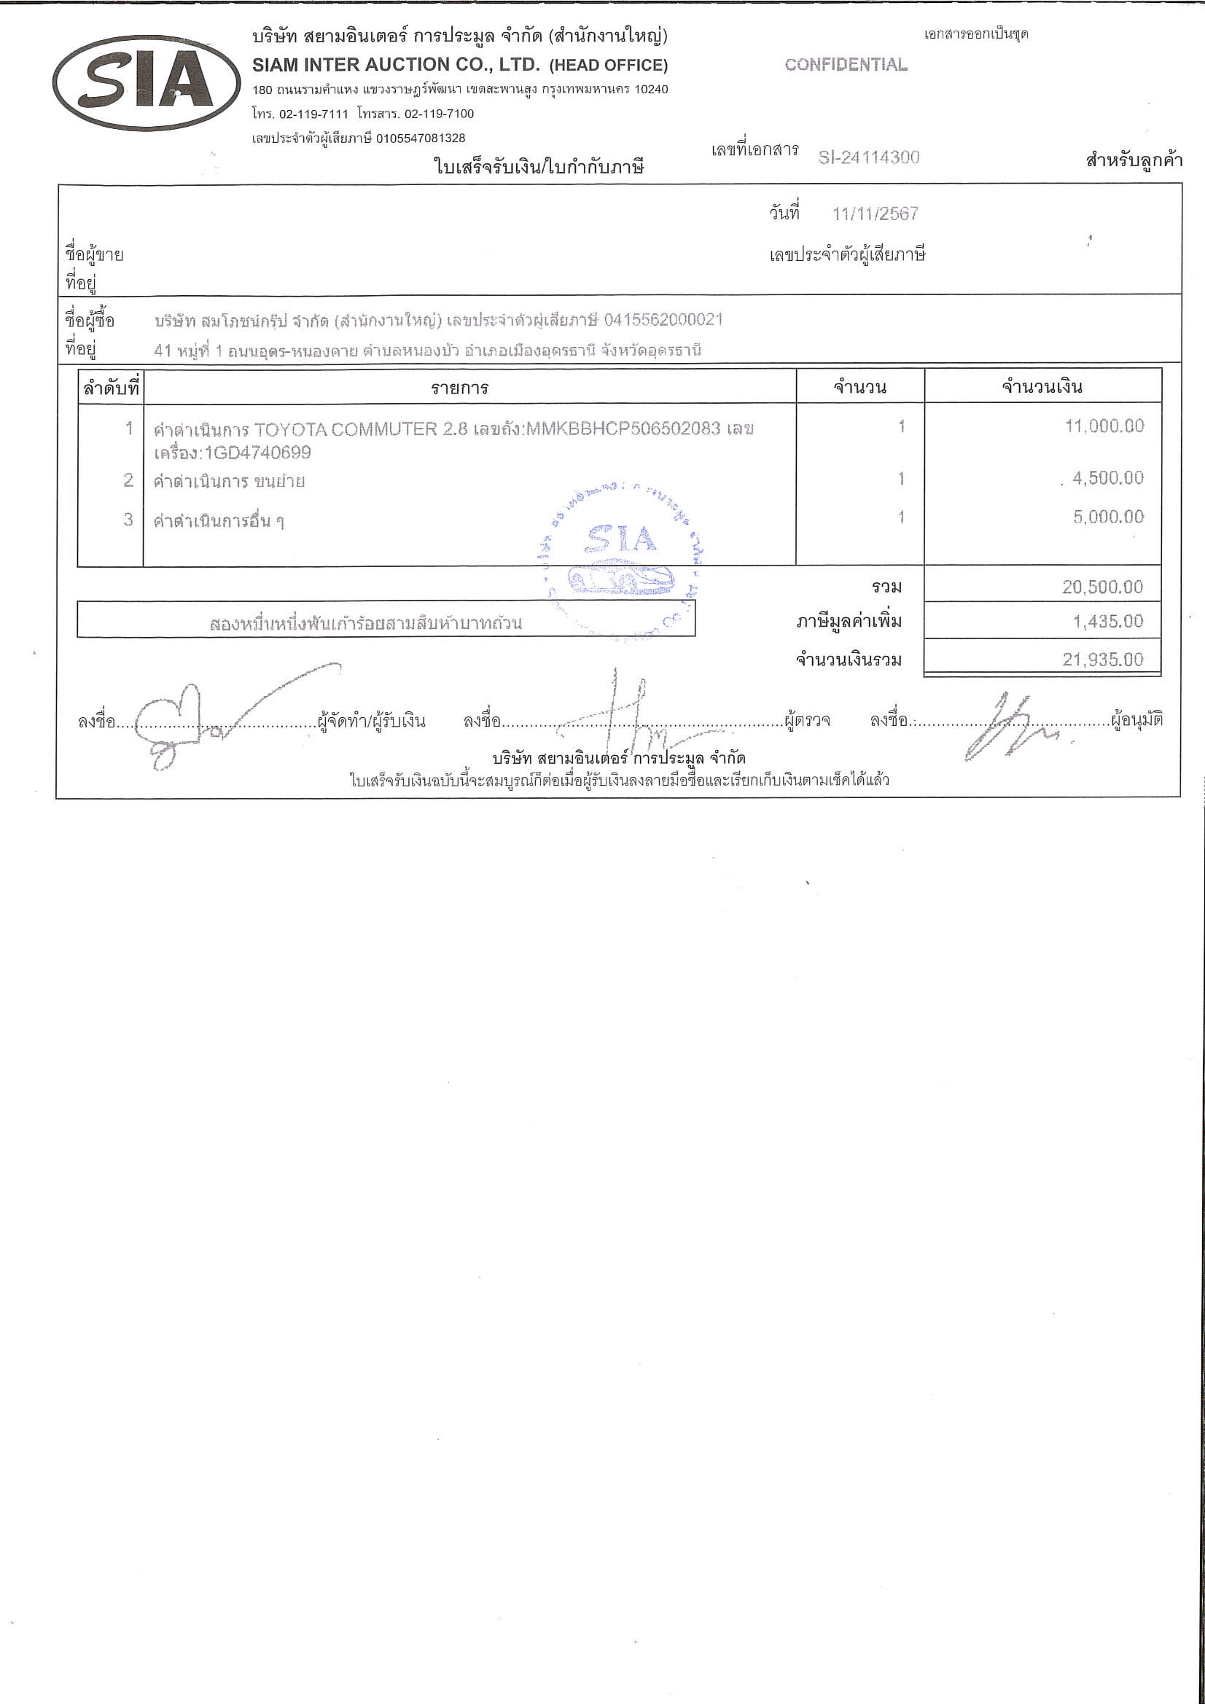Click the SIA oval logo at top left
click(x=147, y=82)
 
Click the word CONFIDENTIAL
click(x=846, y=66)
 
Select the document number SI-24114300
click(x=869, y=157)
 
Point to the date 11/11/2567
click(x=876, y=214)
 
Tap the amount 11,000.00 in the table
click(x=1104, y=426)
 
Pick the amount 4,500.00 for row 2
click(x=1107, y=478)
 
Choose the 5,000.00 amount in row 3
click(x=1108, y=517)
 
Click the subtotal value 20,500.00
click(x=1101, y=587)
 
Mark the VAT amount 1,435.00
click(x=1107, y=621)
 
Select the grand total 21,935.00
click(x=1101, y=660)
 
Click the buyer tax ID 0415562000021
click(x=663, y=320)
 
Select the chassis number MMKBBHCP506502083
click(x=623, y=429)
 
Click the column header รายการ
click(x=459, y=388)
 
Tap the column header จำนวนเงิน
click(x=1042, y=387)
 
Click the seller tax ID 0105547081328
click(x=420, y=138)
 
